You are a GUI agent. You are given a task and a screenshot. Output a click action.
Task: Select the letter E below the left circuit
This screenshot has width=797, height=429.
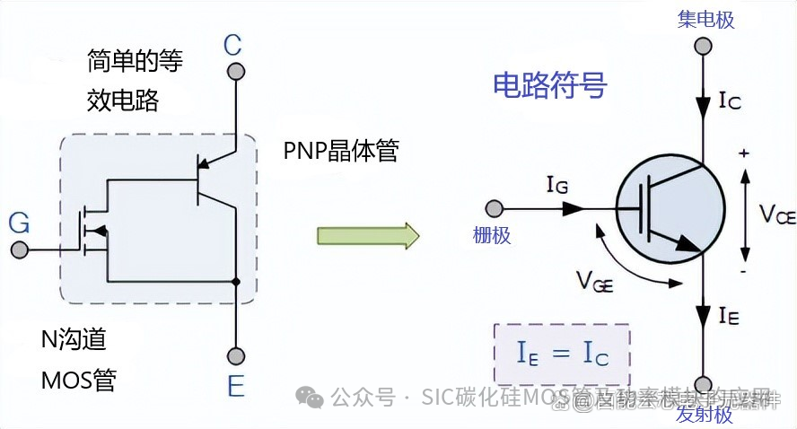coord(235,387)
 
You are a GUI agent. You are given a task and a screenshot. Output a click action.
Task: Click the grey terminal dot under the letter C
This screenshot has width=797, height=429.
coord(235,71)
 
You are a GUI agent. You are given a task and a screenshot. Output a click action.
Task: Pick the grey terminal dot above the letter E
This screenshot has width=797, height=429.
coord(235,355)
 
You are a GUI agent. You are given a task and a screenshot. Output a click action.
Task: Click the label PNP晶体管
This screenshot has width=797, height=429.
coord(340,151)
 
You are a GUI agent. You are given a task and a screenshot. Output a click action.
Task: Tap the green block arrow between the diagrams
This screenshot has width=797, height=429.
coord(368,235)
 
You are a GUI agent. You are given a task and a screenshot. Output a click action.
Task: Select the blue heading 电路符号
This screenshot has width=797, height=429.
coord(549,85)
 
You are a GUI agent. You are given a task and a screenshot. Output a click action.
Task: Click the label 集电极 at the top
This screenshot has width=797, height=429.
coord(706,19)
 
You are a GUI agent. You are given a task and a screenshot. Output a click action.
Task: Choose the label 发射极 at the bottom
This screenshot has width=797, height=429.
coord(705,414)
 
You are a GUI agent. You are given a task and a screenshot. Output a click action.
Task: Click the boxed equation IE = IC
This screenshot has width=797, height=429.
coord(562,354)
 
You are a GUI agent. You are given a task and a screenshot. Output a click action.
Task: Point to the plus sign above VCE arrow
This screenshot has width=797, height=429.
coord(743,153)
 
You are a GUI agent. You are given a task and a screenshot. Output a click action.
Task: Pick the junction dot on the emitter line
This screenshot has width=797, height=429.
coord(235,283)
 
